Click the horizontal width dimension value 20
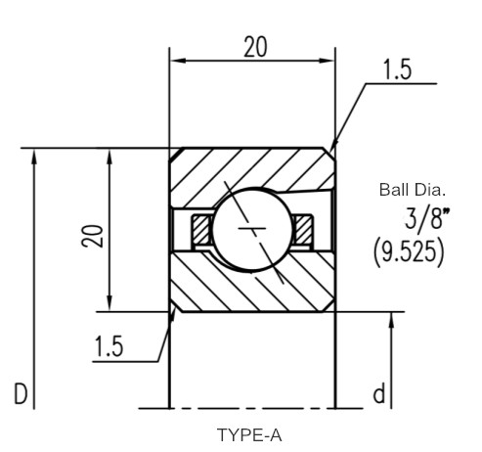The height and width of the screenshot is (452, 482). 256,47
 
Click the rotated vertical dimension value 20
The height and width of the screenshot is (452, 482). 93,236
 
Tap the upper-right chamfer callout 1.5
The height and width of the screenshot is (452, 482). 397,69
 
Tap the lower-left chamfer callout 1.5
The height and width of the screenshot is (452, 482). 109,345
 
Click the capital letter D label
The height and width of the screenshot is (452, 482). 21,393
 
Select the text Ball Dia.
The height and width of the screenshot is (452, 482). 413,190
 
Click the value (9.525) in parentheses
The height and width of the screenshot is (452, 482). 409,252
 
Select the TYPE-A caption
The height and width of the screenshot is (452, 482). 249,435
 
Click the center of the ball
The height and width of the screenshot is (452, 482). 252,229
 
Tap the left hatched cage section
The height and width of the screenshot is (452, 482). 201,229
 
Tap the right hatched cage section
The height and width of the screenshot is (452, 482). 303,229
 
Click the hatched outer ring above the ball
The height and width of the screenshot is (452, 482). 252,169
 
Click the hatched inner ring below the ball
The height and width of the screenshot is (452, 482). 252,287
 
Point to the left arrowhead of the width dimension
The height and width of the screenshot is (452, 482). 178,61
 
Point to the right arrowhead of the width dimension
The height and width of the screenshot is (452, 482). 328,61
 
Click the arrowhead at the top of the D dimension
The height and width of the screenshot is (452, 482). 34,157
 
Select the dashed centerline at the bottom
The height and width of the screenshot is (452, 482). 251,408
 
